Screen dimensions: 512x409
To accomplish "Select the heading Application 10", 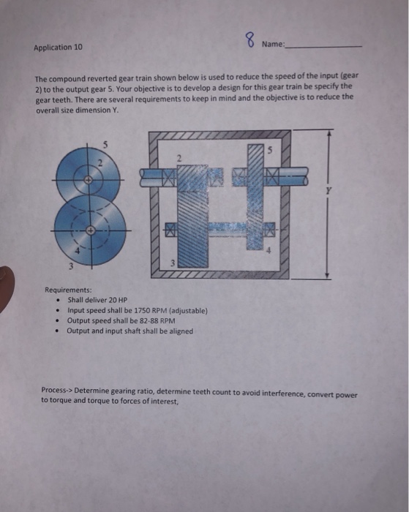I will [x=59, y=48].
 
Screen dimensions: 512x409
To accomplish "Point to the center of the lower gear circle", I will [x=91, y=230].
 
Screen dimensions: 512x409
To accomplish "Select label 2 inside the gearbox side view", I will [x=178, y=156].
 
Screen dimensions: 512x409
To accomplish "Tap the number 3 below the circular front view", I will [x=70, y=265].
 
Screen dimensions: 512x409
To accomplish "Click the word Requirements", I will [x=69, y=290].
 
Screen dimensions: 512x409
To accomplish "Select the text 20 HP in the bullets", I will [x=107, y=300].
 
